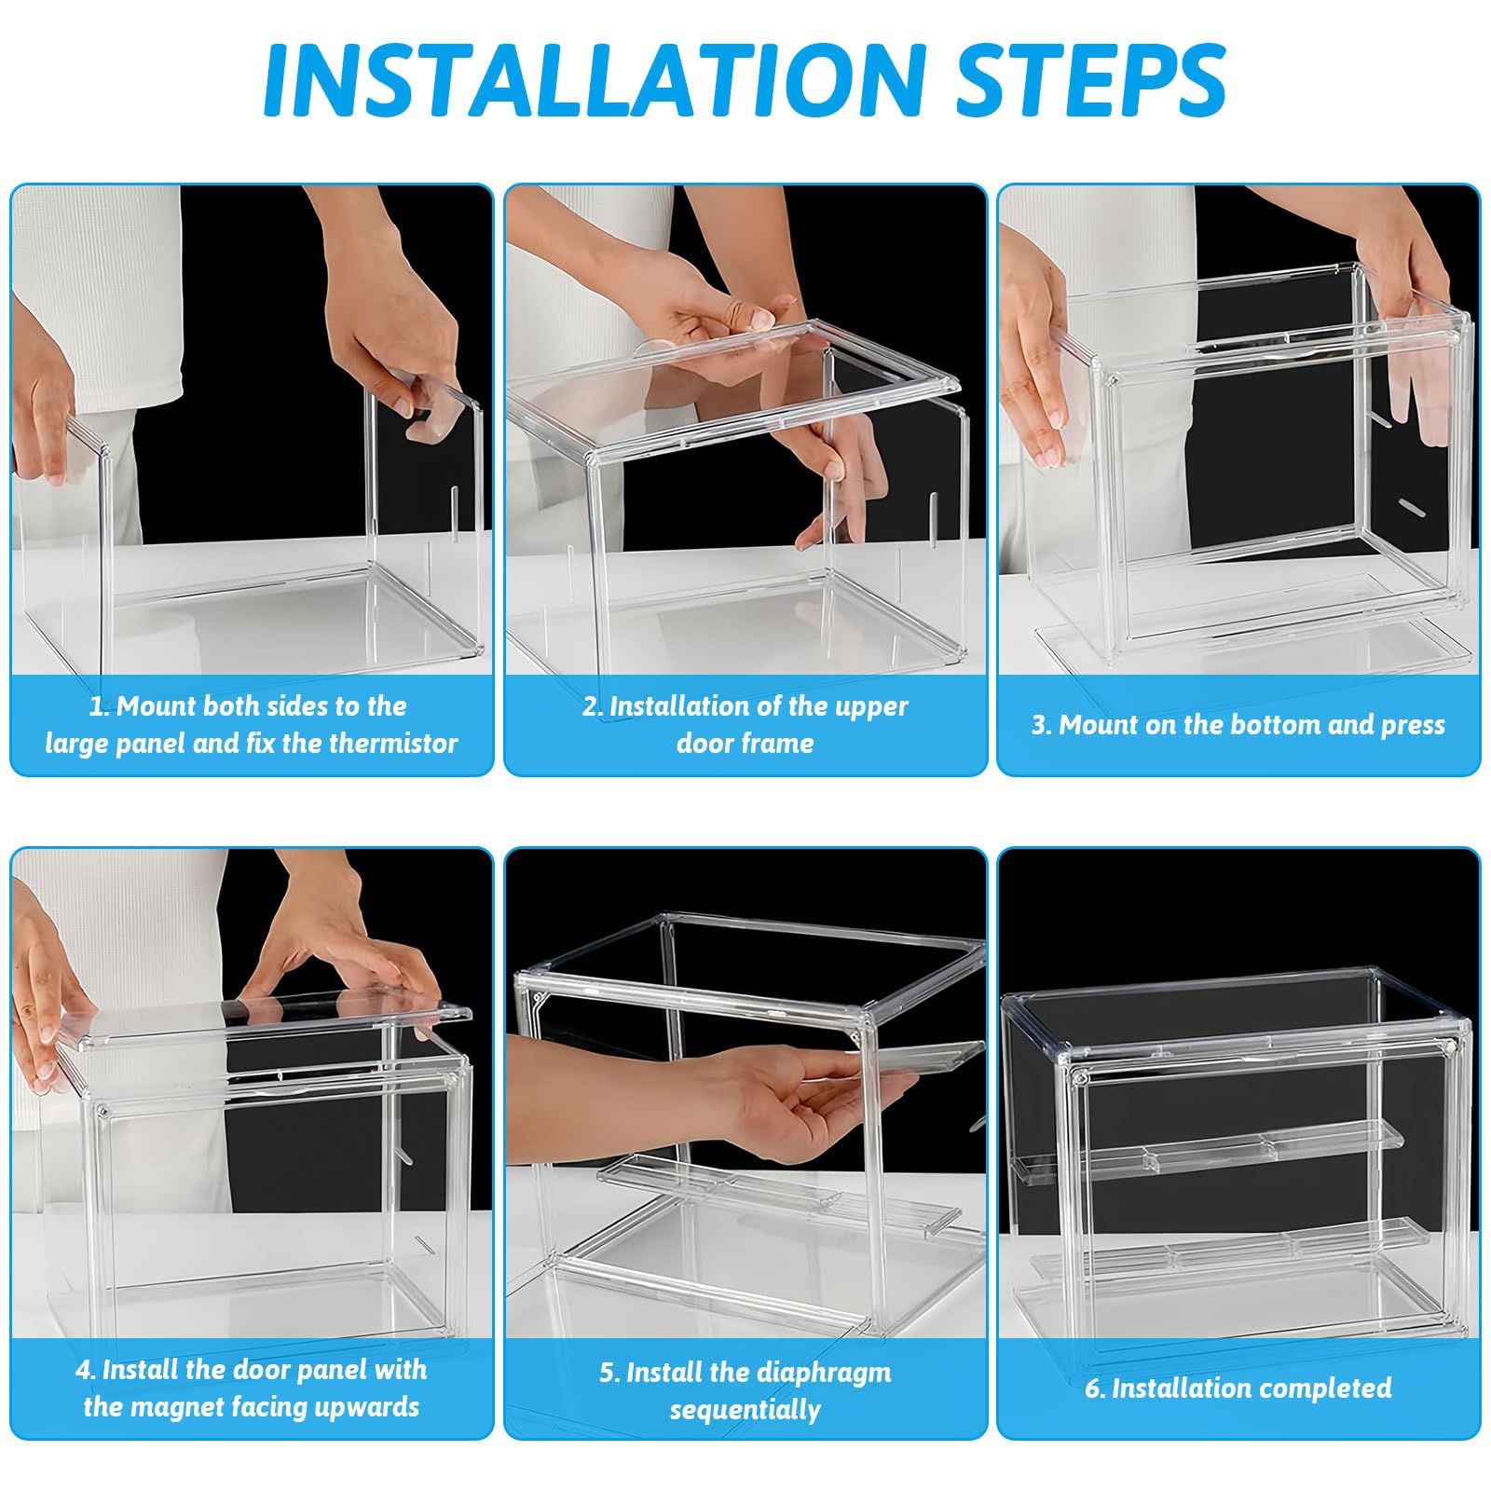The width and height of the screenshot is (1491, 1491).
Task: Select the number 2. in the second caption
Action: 593,706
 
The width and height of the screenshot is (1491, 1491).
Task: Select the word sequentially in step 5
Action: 745,1410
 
